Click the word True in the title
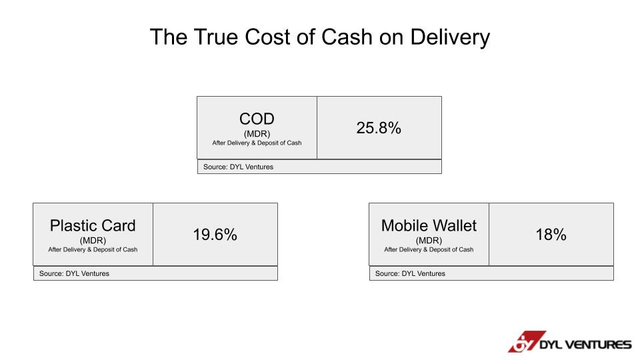tap(216, 37)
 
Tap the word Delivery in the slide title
tap(450, 38)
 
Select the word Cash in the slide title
tap(347, 37)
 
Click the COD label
tap(257, 119)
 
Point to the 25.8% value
tap(379, 128)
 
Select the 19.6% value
tap(215, 234)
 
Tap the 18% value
tap(551, 234)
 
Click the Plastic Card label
tap(93, 225)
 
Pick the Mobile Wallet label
tap(429, 225)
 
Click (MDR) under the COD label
tap(257, 134)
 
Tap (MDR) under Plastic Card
tap(93, 241)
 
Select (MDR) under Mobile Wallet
tap(429, 241)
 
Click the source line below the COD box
tap(239, 167)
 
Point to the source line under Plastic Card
tap(74, 273)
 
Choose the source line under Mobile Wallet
tap(410, 273)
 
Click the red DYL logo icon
tap(527, 341)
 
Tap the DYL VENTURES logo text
tap(585, 345)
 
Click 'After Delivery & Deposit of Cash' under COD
tap(257, 143)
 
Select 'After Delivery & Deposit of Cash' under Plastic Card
tap(93, 249)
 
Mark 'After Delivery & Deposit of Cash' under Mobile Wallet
tap(429, 249)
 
